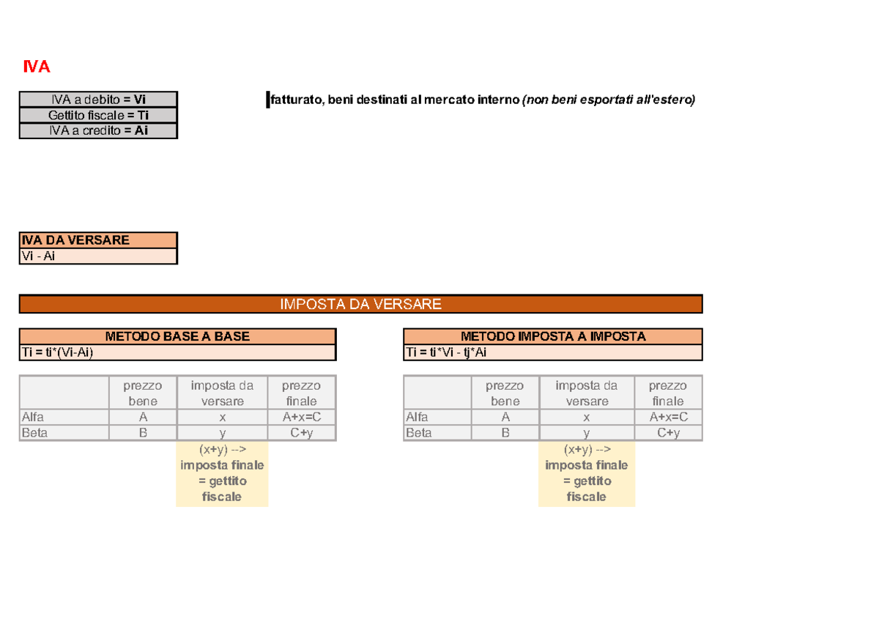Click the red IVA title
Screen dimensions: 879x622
(37, 67)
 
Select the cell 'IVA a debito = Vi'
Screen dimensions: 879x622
(98, 100)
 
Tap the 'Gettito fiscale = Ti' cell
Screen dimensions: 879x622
(98, 115)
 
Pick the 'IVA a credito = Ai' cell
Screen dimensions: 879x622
(98, 130)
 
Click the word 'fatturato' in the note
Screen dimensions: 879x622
(296, 100)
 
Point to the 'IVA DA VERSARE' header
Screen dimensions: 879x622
(75, 240)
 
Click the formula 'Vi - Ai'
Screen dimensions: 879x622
(38, 256)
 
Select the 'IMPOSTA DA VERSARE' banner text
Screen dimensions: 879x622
(360, 304)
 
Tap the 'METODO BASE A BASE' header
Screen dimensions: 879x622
(177, 336)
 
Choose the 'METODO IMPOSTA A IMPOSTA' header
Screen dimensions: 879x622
(553, 336)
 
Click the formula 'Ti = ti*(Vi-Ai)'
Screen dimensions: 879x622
(57, 352)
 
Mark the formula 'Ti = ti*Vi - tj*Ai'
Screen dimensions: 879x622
(446, 352)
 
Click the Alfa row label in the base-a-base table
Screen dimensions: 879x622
(32, 417)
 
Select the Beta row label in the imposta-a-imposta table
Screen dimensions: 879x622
(418, 433)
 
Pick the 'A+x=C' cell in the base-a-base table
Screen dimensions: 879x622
(301, 417)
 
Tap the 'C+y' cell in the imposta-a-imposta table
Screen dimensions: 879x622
(668, 433)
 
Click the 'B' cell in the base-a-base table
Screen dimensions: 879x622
(143, 433)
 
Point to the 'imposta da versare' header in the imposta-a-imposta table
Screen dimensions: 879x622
(587, 393)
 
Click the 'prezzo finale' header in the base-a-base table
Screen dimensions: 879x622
(301, 393)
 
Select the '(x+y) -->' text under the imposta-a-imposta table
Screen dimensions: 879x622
(587, 449)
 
